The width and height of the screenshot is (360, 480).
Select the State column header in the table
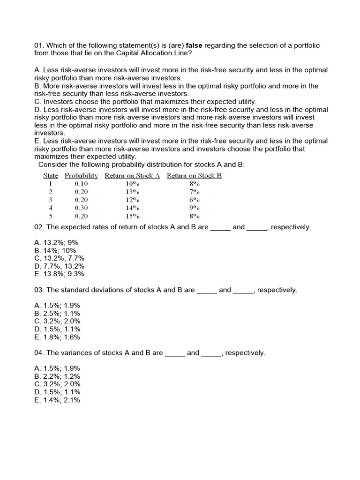(x=51, y=176)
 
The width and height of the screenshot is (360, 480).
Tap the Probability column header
(x=81, y=176)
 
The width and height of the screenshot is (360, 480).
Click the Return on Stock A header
(x=132, y=176)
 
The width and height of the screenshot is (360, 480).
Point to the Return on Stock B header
(x=194, y=176)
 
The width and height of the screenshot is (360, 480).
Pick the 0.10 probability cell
(x=81, y=184)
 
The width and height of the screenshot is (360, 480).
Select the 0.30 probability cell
(x=81, y=208)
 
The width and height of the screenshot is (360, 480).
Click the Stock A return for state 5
(x=133, y=216)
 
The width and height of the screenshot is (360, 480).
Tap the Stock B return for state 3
(x=195, y=200)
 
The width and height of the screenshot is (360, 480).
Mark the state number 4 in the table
(x=51, y=208)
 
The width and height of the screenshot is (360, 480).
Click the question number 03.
(x=39, y=290)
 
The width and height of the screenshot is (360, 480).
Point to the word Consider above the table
(x=52, y=165)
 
